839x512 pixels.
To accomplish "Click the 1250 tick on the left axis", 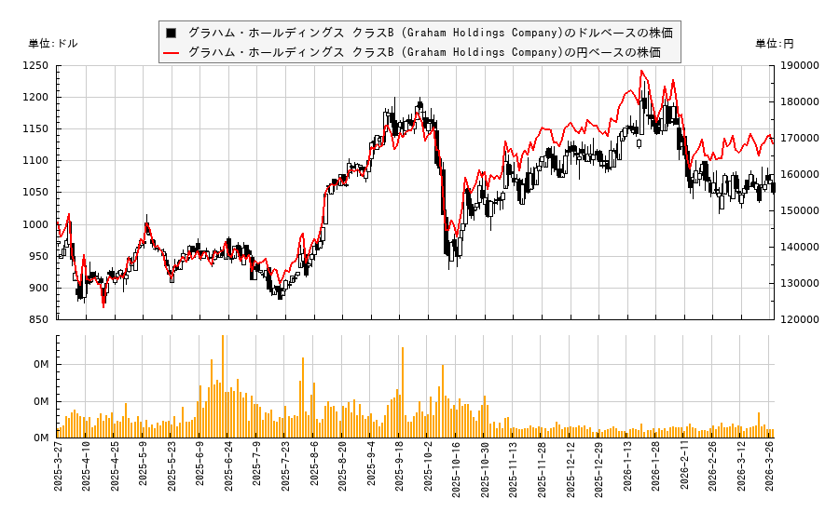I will [36, 66].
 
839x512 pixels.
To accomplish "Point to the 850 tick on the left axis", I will [39, 319].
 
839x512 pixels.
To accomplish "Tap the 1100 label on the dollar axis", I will [36, 161].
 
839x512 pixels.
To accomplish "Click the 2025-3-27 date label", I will [58, 470].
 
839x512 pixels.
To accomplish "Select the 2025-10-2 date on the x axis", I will [429, 470].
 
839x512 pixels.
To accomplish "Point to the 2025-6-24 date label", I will [229, 470].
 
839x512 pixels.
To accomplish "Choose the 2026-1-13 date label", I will [628, 470].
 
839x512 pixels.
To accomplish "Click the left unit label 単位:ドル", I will [53, 44].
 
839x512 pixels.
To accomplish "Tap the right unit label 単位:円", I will [774, 44].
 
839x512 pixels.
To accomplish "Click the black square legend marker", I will [172, 33].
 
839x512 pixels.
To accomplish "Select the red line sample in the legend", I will [172, 52].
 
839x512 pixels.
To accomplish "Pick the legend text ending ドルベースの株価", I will [430, 33].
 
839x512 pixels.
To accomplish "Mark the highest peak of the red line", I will [641, 71].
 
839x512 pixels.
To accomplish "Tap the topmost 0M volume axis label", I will [42, 365].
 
